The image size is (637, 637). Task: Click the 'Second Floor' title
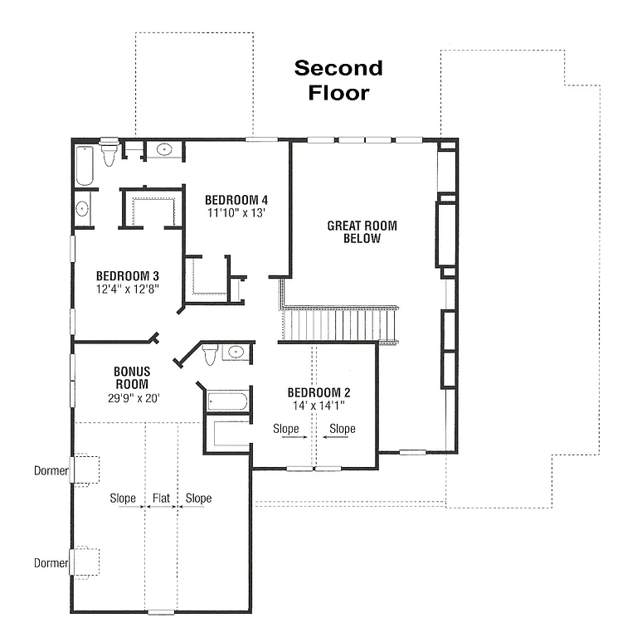pos(338,80)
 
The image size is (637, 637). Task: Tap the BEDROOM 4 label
pos(236,200)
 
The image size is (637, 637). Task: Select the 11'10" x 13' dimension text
pos(236,212)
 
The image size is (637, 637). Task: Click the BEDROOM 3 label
pos(127,276)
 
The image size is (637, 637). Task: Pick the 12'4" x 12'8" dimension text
pos(127,289)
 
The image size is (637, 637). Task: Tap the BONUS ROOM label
pos(131,378)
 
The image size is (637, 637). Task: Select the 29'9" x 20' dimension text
pos(131,397)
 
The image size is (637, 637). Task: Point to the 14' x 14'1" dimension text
pos(318,406)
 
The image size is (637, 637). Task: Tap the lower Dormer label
pos(51,563)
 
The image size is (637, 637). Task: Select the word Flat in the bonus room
pos(161,498)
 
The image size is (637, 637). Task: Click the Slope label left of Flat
pos(124,498)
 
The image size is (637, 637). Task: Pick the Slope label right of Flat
pos(198,498)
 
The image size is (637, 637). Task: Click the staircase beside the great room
pos(340,323)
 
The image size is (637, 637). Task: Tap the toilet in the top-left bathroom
pos(109,154)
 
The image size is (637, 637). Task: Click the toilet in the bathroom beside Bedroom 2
pos(210,354)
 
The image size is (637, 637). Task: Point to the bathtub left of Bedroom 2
pos(226,402)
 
